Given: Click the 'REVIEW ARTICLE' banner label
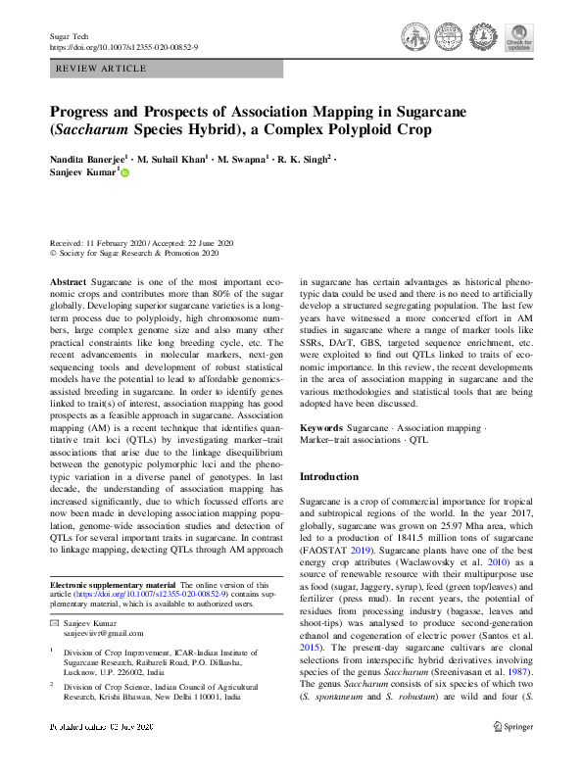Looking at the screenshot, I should pos(102,69).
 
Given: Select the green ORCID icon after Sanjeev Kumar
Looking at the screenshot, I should pos(124,172).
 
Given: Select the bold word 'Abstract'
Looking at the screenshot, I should pos(68,280).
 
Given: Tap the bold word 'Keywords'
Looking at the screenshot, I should pos(321,428).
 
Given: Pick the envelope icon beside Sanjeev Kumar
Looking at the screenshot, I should pos(55,623).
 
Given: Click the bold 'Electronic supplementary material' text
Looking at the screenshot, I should pos(110,584).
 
